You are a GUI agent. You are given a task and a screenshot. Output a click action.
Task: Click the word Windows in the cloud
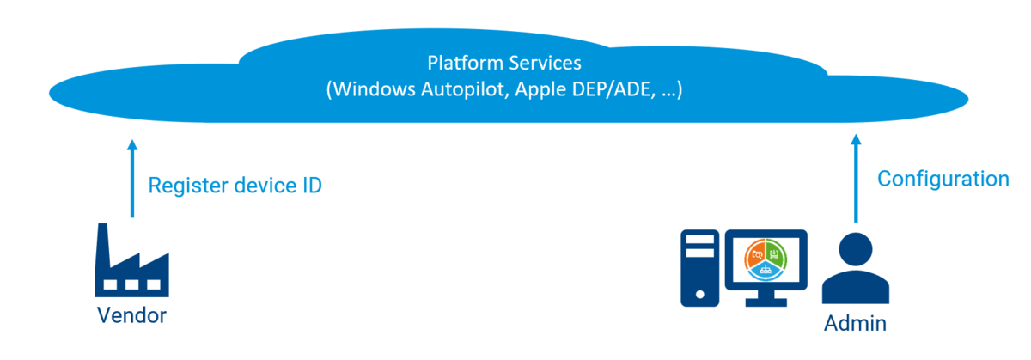coord(374,89)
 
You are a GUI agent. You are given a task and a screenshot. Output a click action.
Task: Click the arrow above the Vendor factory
coord(132,179)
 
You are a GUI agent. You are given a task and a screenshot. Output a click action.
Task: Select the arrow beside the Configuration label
coord(856,178)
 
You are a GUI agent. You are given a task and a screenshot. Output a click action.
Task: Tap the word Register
coord(188,186)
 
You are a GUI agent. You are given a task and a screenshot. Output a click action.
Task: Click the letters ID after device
coord(312,186)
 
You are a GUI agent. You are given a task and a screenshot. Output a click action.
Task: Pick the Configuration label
coord(943,179)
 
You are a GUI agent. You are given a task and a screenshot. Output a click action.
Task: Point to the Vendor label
coord(131,316)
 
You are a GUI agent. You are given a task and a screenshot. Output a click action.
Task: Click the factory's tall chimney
coord(102,246)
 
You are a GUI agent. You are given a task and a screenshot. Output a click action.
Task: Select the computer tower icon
coord(699,268)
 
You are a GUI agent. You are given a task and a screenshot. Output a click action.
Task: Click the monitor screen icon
coord(766,267)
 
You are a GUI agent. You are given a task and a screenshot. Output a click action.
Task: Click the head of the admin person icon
coord(856,249)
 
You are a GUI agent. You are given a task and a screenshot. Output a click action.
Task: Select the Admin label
coord(855,324)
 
